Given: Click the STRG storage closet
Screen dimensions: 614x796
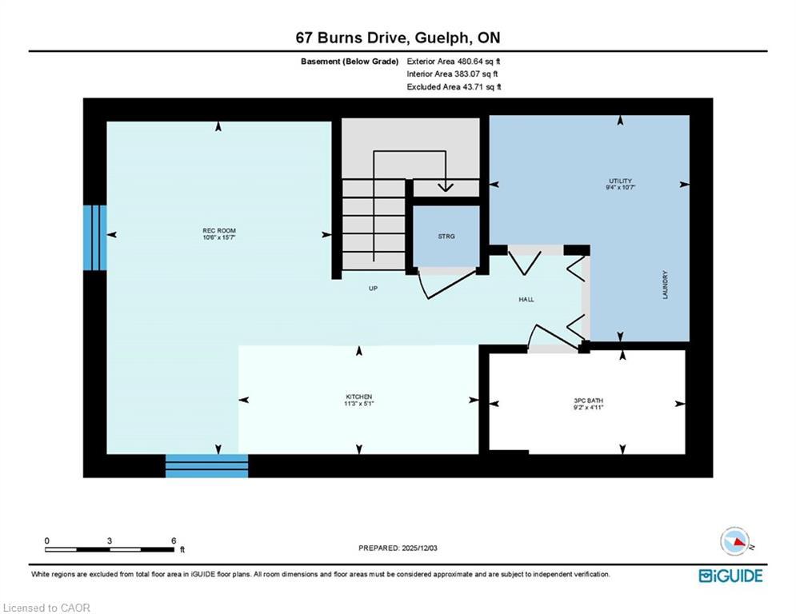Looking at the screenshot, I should [x=446, y=237].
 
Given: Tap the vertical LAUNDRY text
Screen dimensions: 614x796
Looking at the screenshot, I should [x=665, y=285].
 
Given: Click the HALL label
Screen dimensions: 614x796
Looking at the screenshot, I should [x=526, y=299].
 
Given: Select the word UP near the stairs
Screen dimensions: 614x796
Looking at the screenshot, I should [x=373, y=289].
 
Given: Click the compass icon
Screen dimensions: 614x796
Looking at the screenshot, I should [x=735, y=541].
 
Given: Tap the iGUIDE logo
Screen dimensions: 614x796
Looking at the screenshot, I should [x=730, y=576].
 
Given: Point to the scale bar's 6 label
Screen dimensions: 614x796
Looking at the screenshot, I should [x=173, y=541].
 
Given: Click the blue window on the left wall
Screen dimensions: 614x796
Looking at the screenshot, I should [x=94, y=237].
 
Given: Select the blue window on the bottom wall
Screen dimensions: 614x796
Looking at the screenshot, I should [x=206, y=465].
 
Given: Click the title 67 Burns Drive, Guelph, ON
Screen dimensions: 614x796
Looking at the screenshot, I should [x=398, y=38].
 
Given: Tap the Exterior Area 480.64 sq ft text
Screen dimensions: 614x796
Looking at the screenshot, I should [x=454, y=61].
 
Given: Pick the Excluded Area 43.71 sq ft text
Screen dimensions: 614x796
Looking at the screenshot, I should [x=454, y=87].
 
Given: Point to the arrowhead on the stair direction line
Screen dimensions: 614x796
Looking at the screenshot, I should [x=445, y=187].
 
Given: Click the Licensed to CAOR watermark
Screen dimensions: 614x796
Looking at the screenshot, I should [x=47, y=608].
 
